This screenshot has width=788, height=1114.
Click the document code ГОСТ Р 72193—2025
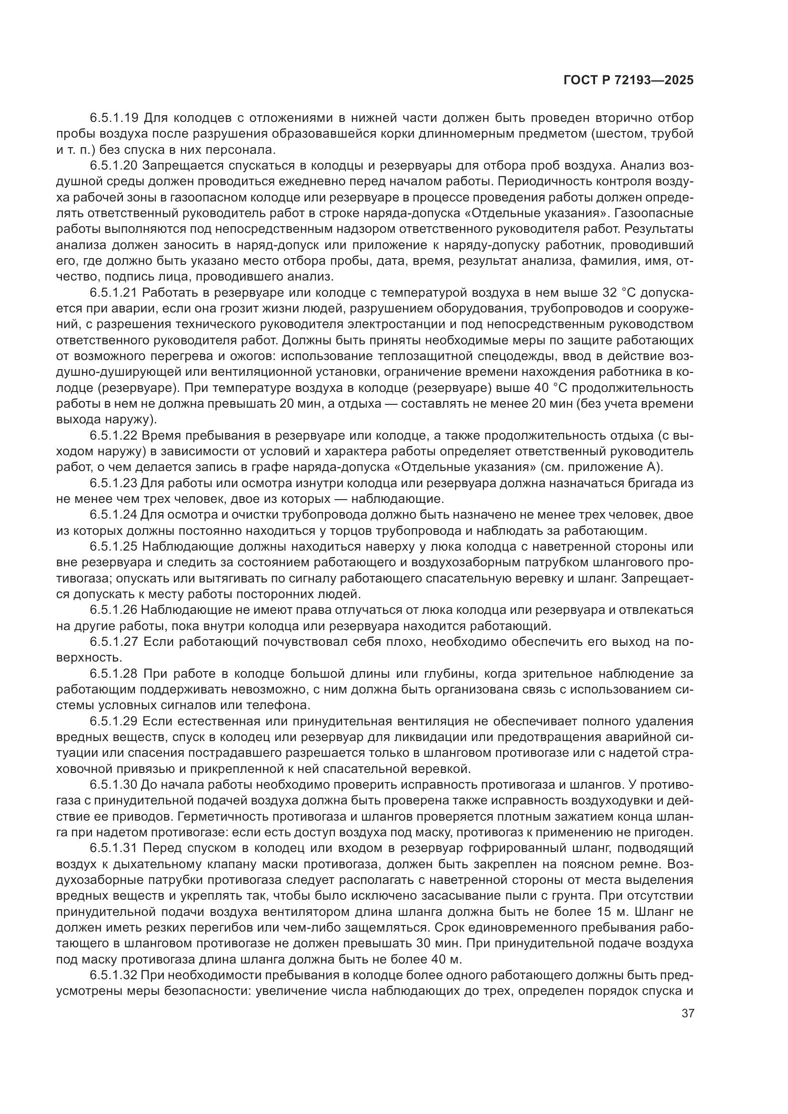(x=628, y=80)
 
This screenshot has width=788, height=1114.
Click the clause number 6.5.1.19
(x=114, y=118)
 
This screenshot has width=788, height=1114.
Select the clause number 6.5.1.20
(x=114, y=166)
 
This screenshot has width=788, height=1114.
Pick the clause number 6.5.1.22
(x=114, y=436)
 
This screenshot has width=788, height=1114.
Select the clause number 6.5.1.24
(x=114, y=516)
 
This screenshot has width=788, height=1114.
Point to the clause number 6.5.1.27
(x=114, y=643)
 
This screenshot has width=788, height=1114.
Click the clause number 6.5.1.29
(x=114, y=723)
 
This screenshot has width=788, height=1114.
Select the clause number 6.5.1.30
(x=114, y=786)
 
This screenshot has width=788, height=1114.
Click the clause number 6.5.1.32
(x=114, y=977)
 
